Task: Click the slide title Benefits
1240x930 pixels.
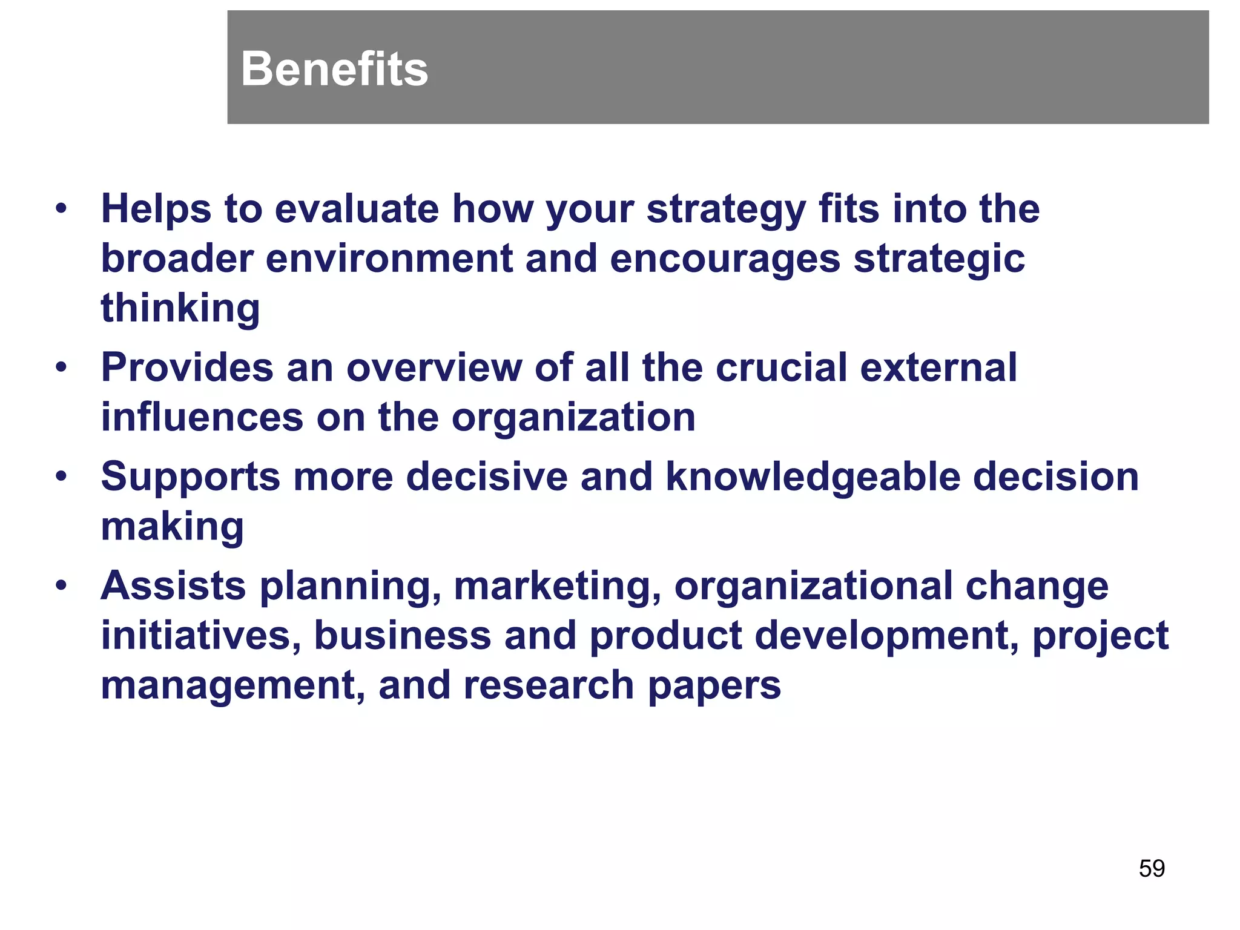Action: point(334,69)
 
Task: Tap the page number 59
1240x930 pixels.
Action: point(1152,868)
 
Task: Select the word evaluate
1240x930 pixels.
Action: point(357,209)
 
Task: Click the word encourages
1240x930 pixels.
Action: point(725,260)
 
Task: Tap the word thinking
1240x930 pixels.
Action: point(180,308)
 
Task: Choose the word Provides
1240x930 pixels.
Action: point(187,368)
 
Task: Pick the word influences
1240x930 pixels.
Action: point(202,417)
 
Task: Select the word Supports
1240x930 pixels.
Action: point(190,478)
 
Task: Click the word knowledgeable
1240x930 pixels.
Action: point(813,478)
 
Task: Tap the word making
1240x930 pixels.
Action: point(173,527)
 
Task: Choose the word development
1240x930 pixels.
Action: point(888,637)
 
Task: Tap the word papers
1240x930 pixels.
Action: point(714,687)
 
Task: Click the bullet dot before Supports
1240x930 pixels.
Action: point(61,477)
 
